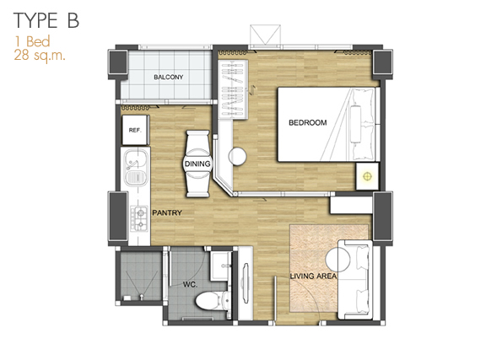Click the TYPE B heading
(46, 20)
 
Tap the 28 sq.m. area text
(40, 56)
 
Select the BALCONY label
(168, 78)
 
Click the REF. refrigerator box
(136, 130)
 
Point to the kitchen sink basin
(136, 168)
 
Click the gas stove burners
(139, 218)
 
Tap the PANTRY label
(167, 212)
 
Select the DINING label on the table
(197, 164)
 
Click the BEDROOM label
(308, 123)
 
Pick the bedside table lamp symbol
(367, 176)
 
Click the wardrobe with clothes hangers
(233, 89)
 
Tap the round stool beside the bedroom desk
(237, 156)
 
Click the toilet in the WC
(213, 300)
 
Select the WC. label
(190, 284)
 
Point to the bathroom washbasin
(221, 266)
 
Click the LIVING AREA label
(313, 276)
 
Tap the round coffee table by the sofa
(337, 260)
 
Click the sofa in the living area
(355, 279)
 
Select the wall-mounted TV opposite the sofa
(246, 283)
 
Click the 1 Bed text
(32, 41)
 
